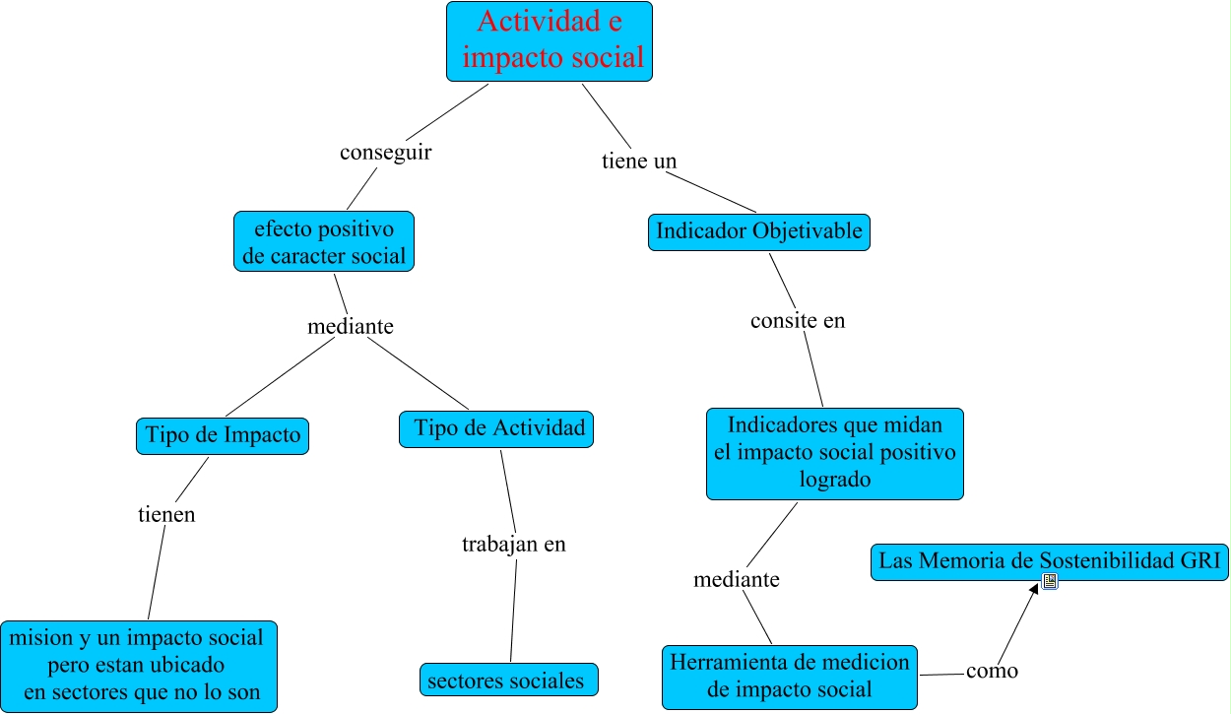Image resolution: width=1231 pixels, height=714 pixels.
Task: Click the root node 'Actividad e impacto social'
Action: point(549,41)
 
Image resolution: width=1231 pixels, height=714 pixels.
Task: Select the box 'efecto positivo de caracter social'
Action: point(323,242)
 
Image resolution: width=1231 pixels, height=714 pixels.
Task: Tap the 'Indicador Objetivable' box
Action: point(758,232)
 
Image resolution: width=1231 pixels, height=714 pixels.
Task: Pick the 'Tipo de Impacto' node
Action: point(223,436)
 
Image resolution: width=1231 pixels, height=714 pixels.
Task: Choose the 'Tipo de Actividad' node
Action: point(497,429)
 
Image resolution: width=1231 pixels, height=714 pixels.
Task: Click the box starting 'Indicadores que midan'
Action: point(834,453)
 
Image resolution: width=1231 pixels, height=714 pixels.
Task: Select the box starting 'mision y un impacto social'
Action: point(139,665)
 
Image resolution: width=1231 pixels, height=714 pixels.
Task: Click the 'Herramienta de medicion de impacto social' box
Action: point(790,677)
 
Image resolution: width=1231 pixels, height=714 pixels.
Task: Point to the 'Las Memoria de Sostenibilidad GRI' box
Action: point(1050,561)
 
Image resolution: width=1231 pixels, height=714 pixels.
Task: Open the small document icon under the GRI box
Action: point(1050,582)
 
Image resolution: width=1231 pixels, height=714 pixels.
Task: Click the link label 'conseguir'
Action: point(385,154)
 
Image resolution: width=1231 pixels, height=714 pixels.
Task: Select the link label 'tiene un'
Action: point(639,161)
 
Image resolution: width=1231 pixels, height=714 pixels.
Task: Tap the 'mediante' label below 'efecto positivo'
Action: point(351,326)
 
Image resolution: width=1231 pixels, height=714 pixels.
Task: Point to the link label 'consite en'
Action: point(798,321)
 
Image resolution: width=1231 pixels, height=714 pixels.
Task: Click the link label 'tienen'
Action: point(166,514)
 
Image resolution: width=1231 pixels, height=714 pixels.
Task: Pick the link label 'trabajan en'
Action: point(514,544)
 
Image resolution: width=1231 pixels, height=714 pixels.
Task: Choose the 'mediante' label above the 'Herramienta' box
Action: point(737,580)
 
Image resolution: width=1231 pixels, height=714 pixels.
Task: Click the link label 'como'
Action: point(992,672)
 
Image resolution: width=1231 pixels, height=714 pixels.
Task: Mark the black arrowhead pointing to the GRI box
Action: point(1035,588)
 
